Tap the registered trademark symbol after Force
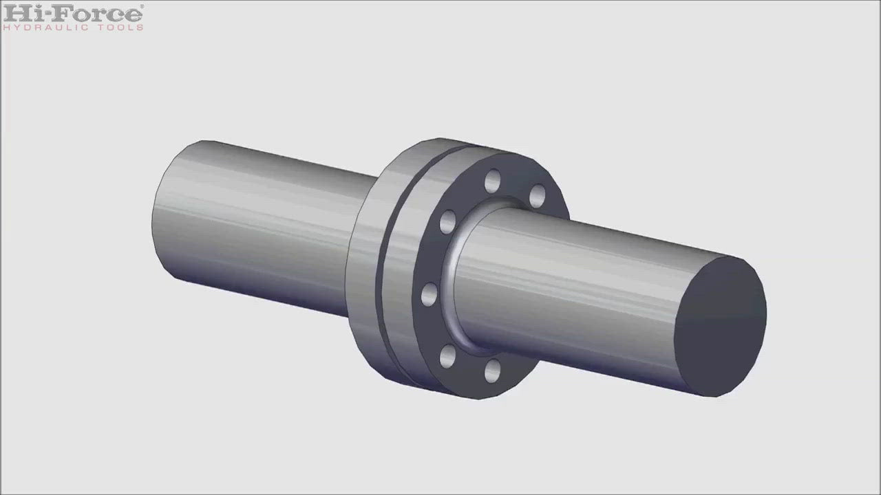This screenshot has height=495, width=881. [142, 6]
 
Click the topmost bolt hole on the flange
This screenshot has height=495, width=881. [492, 181]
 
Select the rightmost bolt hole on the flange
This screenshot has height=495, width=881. [538, 195]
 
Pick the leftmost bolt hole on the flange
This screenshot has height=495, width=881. [429, 294]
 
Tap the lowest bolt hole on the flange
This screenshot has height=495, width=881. [492, 371]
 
